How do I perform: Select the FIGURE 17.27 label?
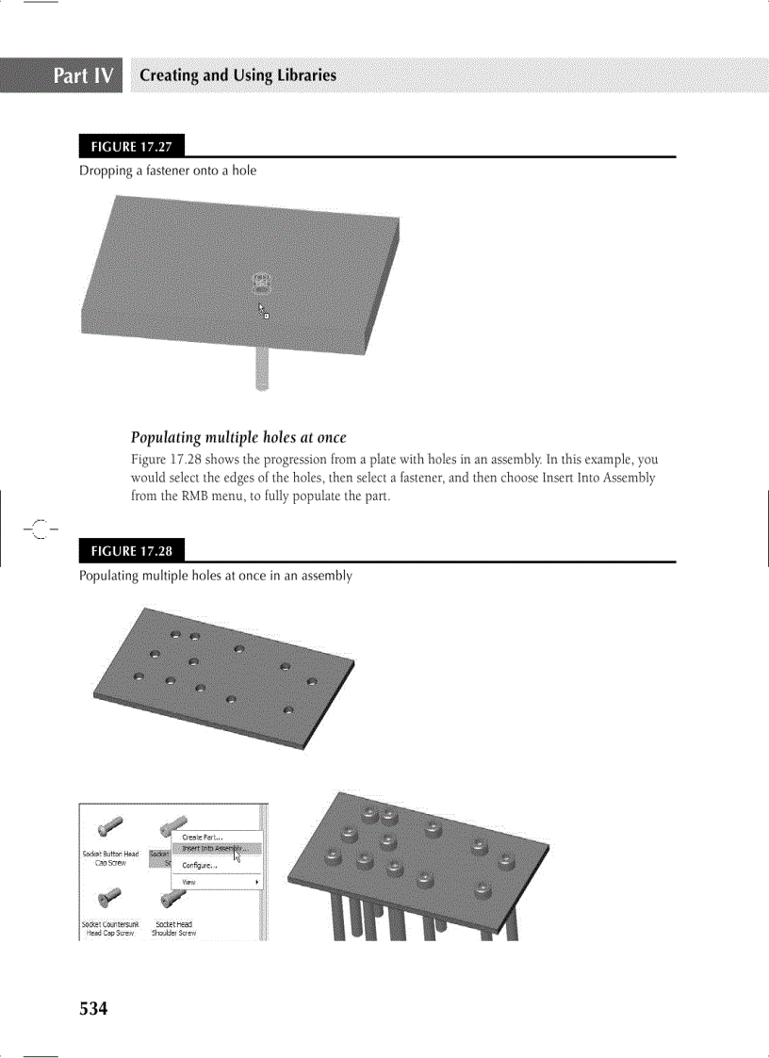132,147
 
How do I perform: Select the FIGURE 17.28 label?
132,551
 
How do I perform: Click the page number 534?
93,1009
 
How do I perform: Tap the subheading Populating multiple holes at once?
238,437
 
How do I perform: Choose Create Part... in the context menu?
203,837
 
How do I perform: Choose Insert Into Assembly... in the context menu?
208,848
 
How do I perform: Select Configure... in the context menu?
200,866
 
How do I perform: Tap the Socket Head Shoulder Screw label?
174,929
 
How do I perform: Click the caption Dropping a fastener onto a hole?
168,171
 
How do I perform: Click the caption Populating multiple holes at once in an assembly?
216,575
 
